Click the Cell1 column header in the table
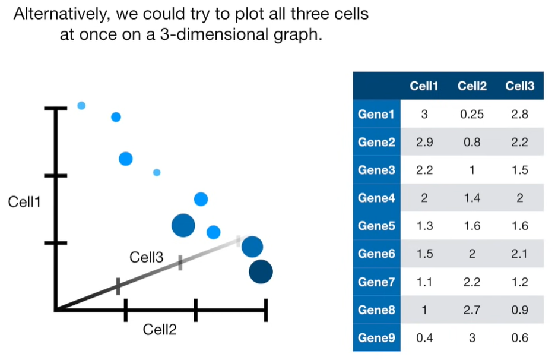point(424,86)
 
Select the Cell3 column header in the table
point(520,86)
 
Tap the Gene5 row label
point(376,226)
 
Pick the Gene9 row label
point(376,338)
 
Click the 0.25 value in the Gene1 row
point(472,115)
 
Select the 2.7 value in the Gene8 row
point(472,310)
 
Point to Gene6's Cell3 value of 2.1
point(520,254)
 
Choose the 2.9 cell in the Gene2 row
point(424,143)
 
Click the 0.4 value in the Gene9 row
point(424,338)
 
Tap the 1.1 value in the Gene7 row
point(424,282)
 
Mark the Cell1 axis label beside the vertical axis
point(24,202)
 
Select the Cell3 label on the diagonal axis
point(147,257)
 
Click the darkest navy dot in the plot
point(261,271)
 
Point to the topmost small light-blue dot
point(81,106)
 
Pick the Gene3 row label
point(376,170)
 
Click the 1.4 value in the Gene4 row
point(472,198)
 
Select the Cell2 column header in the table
point(472,86)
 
